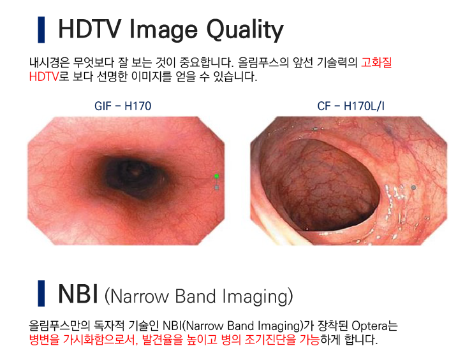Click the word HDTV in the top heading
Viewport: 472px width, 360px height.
tap(90, 29)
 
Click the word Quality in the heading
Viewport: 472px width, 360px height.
tap(245, 31)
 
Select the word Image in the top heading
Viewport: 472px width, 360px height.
tap(163, 31)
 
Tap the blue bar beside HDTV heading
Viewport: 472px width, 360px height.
tap(41, 30)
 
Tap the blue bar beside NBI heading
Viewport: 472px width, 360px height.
tap(41, 294)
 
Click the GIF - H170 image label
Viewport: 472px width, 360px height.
tap(123, 106)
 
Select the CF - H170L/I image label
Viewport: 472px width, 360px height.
tap(351, 106)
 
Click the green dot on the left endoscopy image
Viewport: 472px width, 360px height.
tap(216, 176)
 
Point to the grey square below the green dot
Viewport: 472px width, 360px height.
tap(216, 188)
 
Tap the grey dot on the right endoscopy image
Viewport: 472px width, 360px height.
tap(413, 188)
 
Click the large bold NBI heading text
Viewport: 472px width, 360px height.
tap(78, 294)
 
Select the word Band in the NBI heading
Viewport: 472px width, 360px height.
tap(195, 296)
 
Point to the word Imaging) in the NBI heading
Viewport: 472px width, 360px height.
tap(258, 297)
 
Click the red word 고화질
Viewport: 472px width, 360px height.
tap(376, 62)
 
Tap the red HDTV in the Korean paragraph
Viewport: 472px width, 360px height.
tap(43, 76)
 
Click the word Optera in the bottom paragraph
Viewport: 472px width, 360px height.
tap(369, 326)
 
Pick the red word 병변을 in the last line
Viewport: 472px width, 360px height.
tap(44, 340)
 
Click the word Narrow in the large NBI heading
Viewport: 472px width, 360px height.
tap(140, 296)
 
